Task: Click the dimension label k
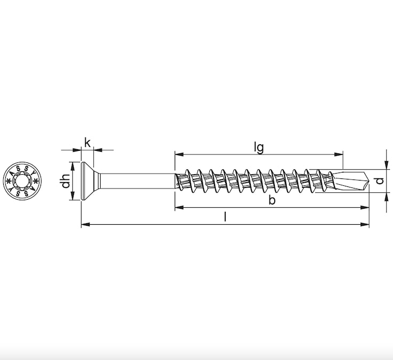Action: pos(87,142)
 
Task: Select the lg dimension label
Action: pos(259,148)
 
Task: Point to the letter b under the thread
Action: pos(272,200)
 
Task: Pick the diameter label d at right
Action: pos(379,181)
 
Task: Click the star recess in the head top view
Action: pos(22,182)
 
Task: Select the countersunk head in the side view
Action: pos(88,181)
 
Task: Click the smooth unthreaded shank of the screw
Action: pos(136,181)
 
